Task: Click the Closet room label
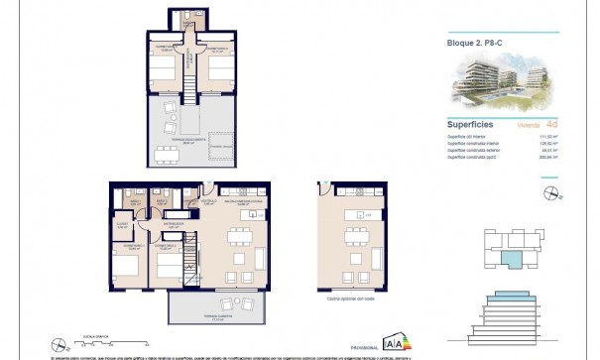[x=121, y=224]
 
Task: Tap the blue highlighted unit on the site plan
[x=512, y=260]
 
